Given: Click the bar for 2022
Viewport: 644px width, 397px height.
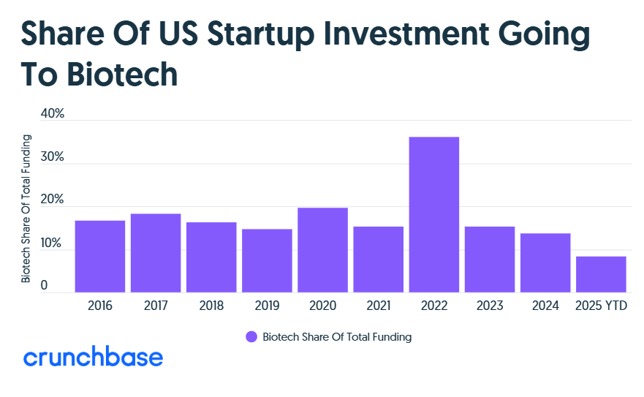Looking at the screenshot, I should (x=434, y=215).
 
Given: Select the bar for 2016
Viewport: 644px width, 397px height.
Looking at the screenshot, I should (x=100, y=257).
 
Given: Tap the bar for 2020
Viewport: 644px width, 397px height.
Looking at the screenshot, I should (x=322, y=250).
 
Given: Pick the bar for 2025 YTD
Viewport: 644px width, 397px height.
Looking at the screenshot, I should (x=601, y=274).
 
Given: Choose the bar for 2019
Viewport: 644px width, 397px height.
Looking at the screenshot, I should (x=267, y=261).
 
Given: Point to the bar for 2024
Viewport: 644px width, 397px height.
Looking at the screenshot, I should (x=545, y=263).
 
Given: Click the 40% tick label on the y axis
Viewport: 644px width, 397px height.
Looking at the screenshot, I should (x=53, y=114).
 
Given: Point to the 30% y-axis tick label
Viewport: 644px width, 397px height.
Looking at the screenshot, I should (x=53, y=157).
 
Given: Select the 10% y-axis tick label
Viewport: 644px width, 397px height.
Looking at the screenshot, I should (x=53, y=243).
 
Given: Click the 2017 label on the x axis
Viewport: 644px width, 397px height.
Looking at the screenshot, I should (x=156, y=306).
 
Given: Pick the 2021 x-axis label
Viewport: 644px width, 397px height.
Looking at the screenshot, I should (x=378, y=306).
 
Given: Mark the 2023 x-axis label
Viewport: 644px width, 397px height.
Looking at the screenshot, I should (x=490, y=306).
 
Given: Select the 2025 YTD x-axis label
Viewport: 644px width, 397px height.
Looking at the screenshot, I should (x=601, y=306).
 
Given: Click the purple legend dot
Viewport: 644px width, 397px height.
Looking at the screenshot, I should (x=251, y=337).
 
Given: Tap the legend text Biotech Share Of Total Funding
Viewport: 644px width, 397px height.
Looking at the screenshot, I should (x=337, y=337).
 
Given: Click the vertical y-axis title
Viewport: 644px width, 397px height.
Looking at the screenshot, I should (x=26, y=208).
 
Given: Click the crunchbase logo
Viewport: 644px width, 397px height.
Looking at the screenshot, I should (x=93, y=358).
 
